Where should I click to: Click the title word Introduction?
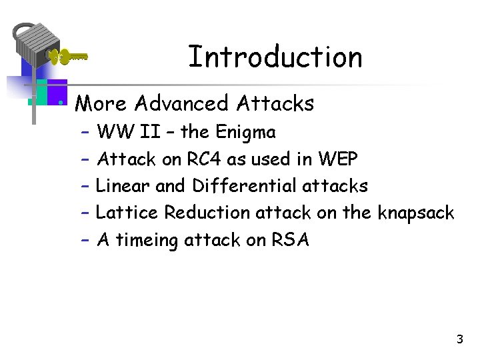coord(275,57)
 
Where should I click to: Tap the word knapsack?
coord(415,213)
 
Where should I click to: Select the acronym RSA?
coord(290,240)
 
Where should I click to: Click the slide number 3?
coord(459,340)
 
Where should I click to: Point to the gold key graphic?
coord(68,57)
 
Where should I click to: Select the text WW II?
coord(128,133)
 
